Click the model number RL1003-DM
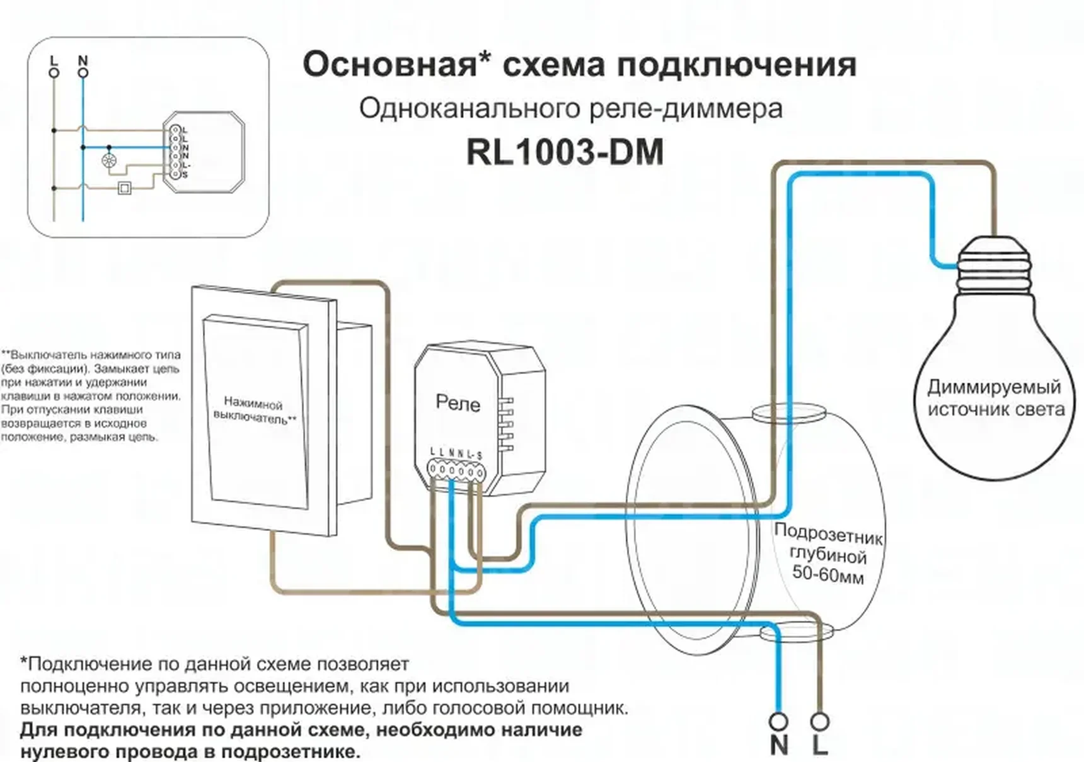pyautogui.click(x=565, y=152)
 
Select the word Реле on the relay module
pyautogui.click(x=458, y=403)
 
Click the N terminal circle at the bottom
pyautogui.click(x=779, y=720)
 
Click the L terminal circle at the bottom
pyautogui.click(x=819, y=720)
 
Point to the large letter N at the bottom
pyautogui.click(x=779, y=746)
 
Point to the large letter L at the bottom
pyautogui.click(x=819, y=746)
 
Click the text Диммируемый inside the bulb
pyautogui.click(x=994, y=386)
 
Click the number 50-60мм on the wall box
pyautogui.click(x=827, y=574)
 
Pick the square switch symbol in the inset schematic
pyautogui.click(x=125, y=188)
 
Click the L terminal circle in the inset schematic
pyautogui.click(x=54, y=73)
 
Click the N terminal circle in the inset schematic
pyautogui.click(x=83, y=73)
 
